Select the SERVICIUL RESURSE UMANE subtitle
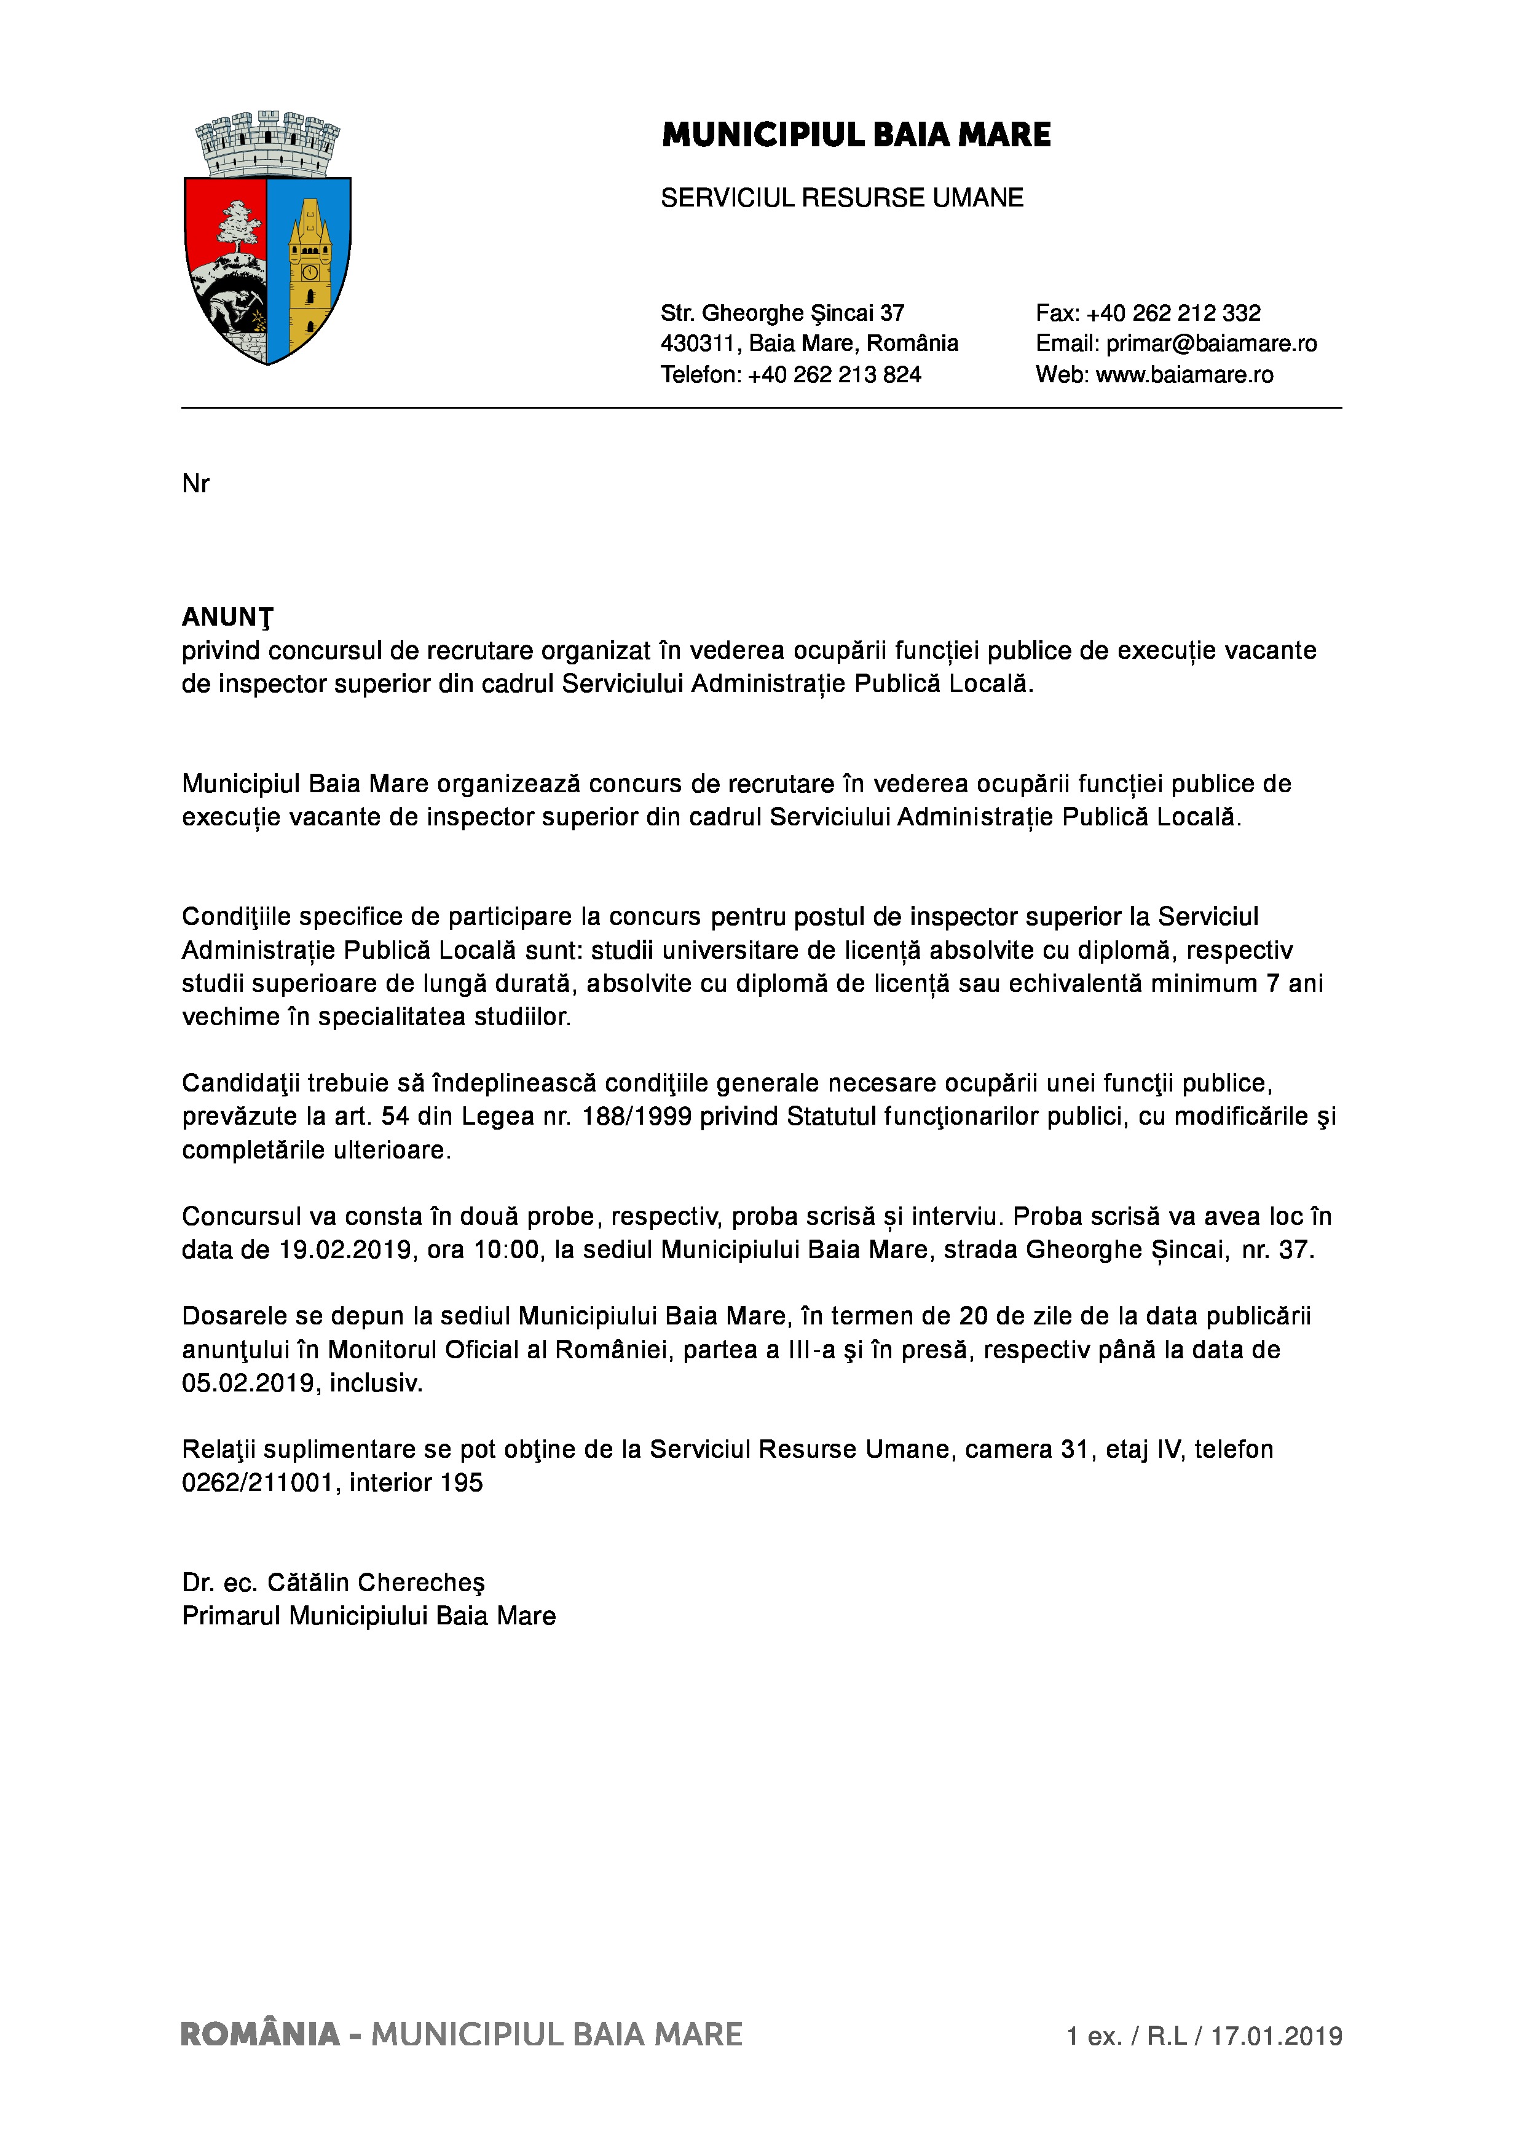tap(841, 198)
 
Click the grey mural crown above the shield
tap(267, 142)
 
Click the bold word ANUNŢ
tap(227, 617)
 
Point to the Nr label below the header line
tap(195, 484)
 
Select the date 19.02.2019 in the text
tap(345, 1250)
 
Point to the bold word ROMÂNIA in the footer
tap(260, 2035)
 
